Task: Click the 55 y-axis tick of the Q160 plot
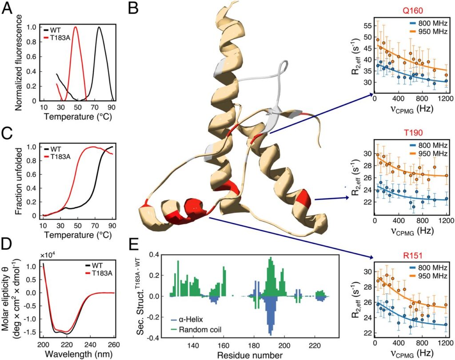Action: (367, 26)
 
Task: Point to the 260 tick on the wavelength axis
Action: (115, 346)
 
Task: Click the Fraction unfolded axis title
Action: (19, 179)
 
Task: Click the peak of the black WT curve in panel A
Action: (99, 27)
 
